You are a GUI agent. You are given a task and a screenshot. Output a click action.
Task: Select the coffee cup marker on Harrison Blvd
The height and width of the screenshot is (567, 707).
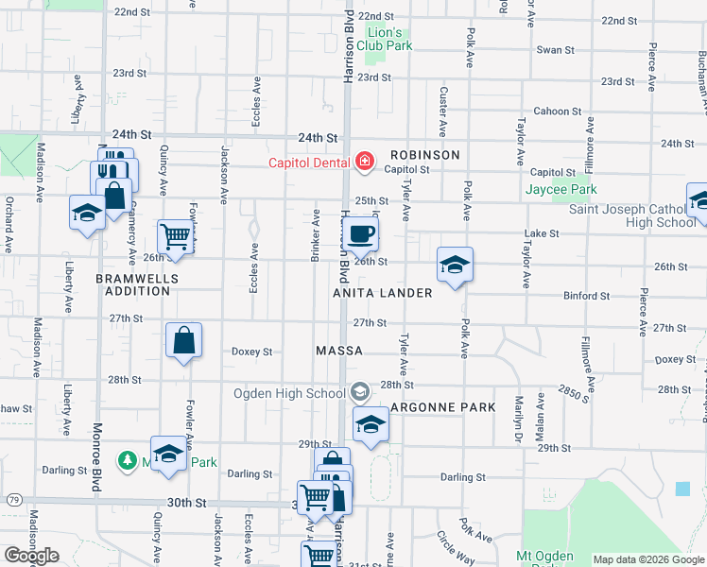360,233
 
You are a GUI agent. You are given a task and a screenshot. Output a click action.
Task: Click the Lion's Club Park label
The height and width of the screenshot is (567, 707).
389,39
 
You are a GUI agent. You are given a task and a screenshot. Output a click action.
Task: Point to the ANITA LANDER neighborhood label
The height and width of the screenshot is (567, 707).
383,294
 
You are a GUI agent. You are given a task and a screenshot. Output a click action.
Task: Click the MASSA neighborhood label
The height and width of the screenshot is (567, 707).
339,351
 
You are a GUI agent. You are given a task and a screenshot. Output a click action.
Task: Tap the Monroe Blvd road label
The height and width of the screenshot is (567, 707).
97,463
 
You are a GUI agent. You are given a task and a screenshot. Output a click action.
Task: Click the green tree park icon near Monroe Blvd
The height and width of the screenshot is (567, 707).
127,460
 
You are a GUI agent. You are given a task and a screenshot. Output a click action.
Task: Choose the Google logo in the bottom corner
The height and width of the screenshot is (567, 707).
31,556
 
